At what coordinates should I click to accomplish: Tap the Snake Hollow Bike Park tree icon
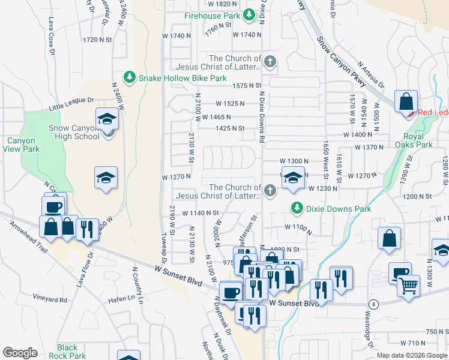[129, 77]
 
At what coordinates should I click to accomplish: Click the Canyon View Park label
[22, 145]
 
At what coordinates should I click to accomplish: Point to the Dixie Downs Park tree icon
[296, 208]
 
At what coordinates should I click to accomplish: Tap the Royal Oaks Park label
[414, 140]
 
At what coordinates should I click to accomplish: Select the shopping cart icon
[409, 287]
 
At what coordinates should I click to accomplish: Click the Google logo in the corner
[20, 353]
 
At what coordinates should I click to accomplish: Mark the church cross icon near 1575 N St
[271, 61]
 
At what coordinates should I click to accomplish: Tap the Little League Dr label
[71, 104]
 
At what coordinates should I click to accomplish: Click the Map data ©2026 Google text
[411, 355]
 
